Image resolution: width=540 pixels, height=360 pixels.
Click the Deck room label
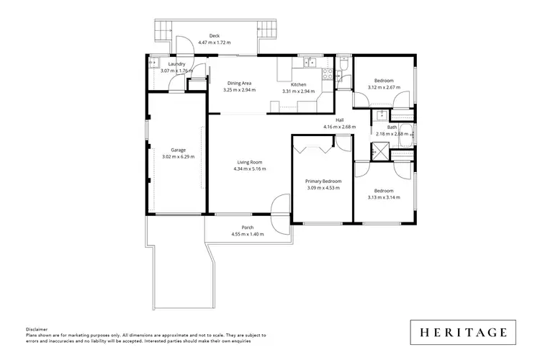214,36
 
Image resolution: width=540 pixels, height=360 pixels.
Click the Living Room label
249,162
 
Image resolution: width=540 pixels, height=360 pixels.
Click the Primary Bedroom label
323,181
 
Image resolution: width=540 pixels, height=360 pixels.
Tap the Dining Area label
239,84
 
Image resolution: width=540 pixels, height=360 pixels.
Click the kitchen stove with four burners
328,73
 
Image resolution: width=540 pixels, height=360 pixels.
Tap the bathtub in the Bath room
405,132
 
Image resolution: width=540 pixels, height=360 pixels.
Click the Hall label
339,120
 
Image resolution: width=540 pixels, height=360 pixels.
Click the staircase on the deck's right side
268,30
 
